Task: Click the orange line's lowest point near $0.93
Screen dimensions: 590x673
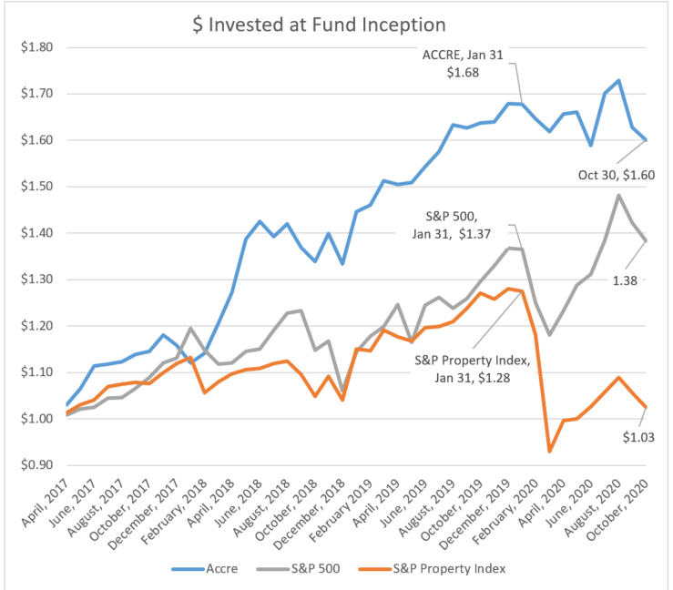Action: (x=549, y=451)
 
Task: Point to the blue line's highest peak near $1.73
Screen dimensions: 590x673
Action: (x=619, y=80)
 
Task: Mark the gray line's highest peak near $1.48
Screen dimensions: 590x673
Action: (x=619, y=195)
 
